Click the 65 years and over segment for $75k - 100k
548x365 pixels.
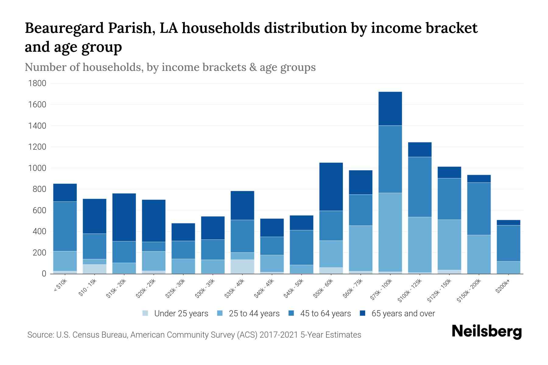(x=390, y=109)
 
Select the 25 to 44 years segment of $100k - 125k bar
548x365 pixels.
(x=420, y=245)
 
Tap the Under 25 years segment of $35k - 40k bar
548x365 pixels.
(x=242, y=266)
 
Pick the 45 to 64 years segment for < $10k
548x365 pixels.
(x=65, y=226)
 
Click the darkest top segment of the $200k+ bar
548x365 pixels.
(x=508, y=223)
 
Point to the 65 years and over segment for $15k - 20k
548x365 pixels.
(x=124, y=217)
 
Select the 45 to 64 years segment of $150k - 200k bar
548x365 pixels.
(x=479, y=209)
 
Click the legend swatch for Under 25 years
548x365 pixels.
(x=146, y=313)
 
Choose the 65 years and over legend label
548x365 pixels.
(x=403, y=314)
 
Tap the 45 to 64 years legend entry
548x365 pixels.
(x=325, y=314)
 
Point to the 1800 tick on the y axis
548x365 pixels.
(x=37, y=83)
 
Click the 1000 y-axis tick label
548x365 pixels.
(x=37, y=168)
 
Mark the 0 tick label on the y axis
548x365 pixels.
(x=44, y=274)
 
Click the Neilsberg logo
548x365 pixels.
(x=487, y=332)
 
